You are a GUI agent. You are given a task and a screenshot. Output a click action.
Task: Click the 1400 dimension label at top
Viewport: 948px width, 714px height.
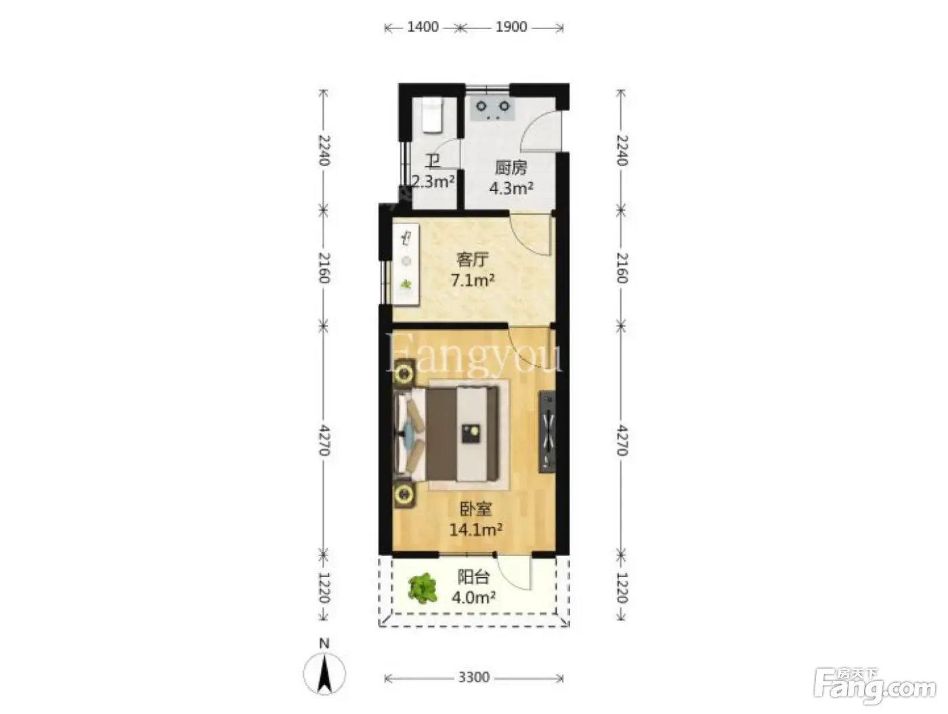(423, 27)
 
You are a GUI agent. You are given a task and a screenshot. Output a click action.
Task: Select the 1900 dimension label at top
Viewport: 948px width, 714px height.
(511, 27)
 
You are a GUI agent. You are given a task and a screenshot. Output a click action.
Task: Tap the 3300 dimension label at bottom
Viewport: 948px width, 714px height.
(474, 677)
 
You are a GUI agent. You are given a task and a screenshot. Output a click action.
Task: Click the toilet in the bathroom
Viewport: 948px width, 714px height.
(432, 115)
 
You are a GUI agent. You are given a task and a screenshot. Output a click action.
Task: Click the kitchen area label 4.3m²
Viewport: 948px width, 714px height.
(511, 188)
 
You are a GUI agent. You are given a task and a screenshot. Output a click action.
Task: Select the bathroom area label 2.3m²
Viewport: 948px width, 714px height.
(433, 182)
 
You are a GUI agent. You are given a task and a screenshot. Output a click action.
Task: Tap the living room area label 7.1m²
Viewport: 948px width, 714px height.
(473, 280)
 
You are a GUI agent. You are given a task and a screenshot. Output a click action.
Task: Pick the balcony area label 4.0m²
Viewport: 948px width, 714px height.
(473, 597)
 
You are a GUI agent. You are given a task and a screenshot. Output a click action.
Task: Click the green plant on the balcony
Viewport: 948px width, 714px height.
(423, 588)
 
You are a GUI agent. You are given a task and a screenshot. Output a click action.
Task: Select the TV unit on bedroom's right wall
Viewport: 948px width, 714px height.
(546, 432)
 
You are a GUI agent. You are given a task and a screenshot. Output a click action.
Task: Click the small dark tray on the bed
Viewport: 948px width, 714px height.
(471, 433)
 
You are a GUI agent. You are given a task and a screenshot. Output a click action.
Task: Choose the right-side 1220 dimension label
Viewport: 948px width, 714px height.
(621, 587)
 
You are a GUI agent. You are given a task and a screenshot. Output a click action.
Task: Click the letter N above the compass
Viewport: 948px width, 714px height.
(324, 643)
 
